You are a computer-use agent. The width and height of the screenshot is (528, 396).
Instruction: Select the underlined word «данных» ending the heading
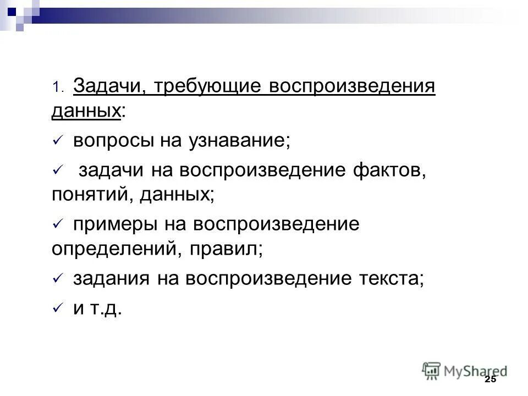[86, 112]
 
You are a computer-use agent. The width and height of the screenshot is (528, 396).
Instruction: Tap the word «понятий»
[88, 195]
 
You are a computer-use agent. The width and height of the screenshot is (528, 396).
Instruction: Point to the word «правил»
[225, 250]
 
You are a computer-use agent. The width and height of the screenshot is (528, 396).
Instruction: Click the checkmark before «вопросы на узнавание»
[57, 142]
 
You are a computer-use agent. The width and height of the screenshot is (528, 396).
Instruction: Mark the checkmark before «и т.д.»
[57, 309]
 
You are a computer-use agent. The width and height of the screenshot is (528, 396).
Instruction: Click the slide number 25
[491, 380]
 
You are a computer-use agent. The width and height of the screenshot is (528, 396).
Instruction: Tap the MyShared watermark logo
[465, 371]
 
